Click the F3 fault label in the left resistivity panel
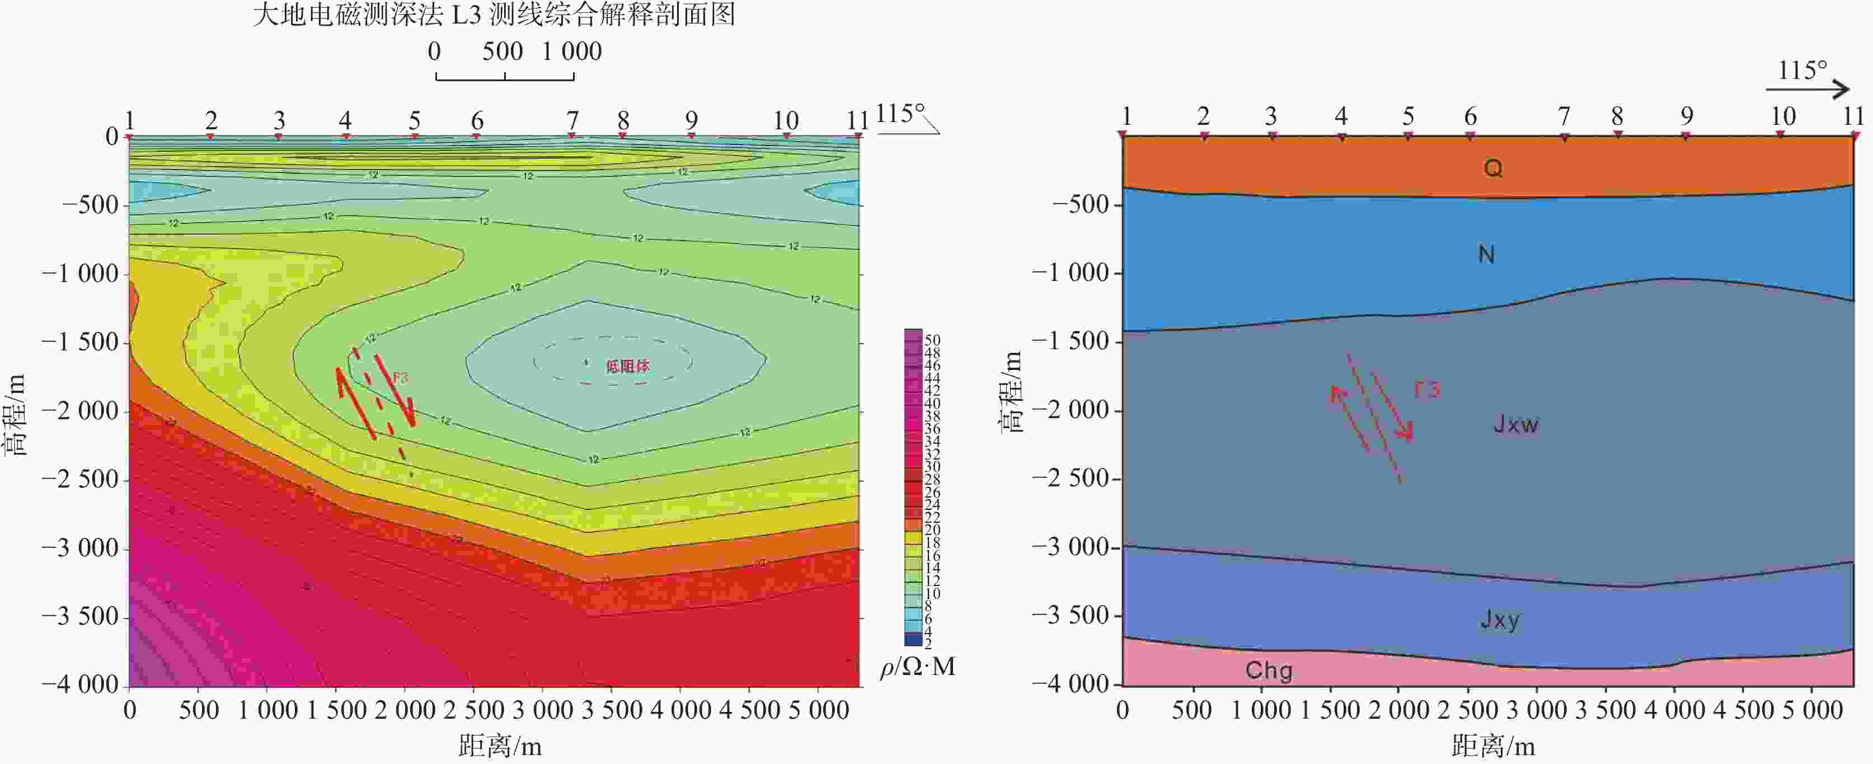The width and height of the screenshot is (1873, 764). pyautogui.click(x=400, y=377)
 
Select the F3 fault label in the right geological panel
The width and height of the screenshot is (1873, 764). pyautogui.click(x=1426, y=390)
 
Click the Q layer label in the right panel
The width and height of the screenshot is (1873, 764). pyautogui.click(x=1492, y=168)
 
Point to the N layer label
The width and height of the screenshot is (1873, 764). pyautogui.click(x=1486, y=255)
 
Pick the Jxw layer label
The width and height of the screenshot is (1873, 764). pyautogui.click(x=1516, y=424)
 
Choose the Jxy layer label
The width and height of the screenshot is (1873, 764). pyautogui.click(x=1499, y=620)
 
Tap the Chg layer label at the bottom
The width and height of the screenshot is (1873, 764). pyautogui.click(x=1268, y=669)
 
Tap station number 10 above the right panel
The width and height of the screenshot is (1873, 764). pyautogui.click(x=1782, y=116)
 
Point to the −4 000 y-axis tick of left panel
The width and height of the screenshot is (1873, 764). pyautogui.click(x=80, y=684)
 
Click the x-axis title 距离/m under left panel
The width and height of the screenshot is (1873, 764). pyautogui.click(x=500, y=747)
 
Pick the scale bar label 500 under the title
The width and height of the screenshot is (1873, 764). pyautogui.click(x=503, y=51)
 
